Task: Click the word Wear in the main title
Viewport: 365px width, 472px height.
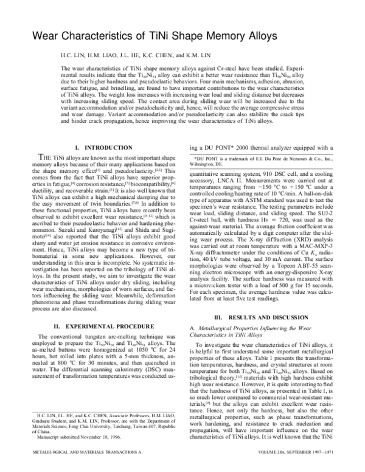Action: click(x=50, y=36)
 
